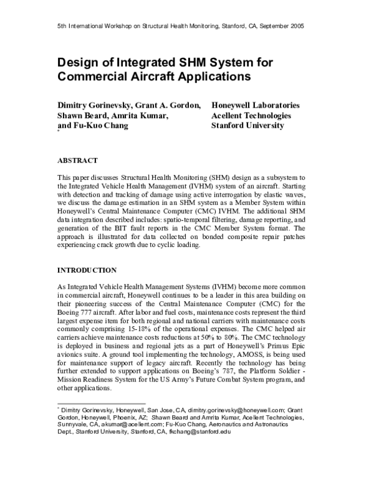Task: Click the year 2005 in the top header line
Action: [x=296, y=27]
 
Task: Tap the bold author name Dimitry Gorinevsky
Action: [x=100, y=105]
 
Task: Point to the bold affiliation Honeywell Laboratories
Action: [x=256, y=105]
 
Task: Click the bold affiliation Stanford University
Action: [x=248, y=125]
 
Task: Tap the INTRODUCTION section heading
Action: [x=87, y=271]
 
